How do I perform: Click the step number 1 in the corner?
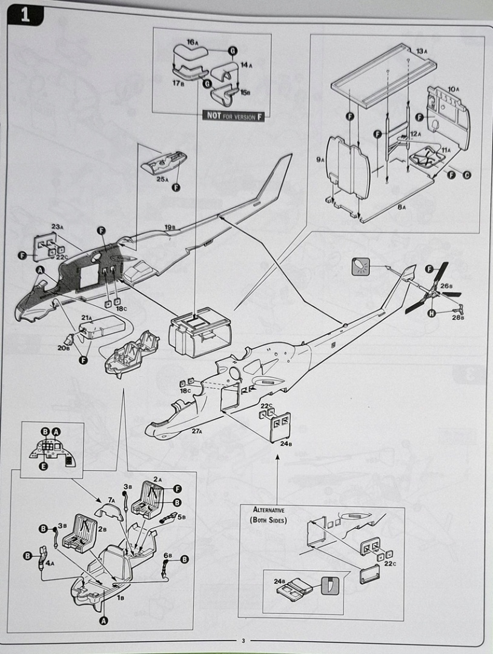[x=24, y=15]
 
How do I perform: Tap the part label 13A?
[x=422, y=51]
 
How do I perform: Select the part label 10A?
[x=452, y=89]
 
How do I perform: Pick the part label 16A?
[x=193, y=42]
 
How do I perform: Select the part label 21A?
[x=87, y=317]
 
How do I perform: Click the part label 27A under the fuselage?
[x=196, y=431]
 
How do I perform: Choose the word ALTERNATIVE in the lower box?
[x=269, y=510]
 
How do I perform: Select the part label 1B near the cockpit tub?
[x=121, y=597]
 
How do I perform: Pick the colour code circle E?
[x=42, y=466]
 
